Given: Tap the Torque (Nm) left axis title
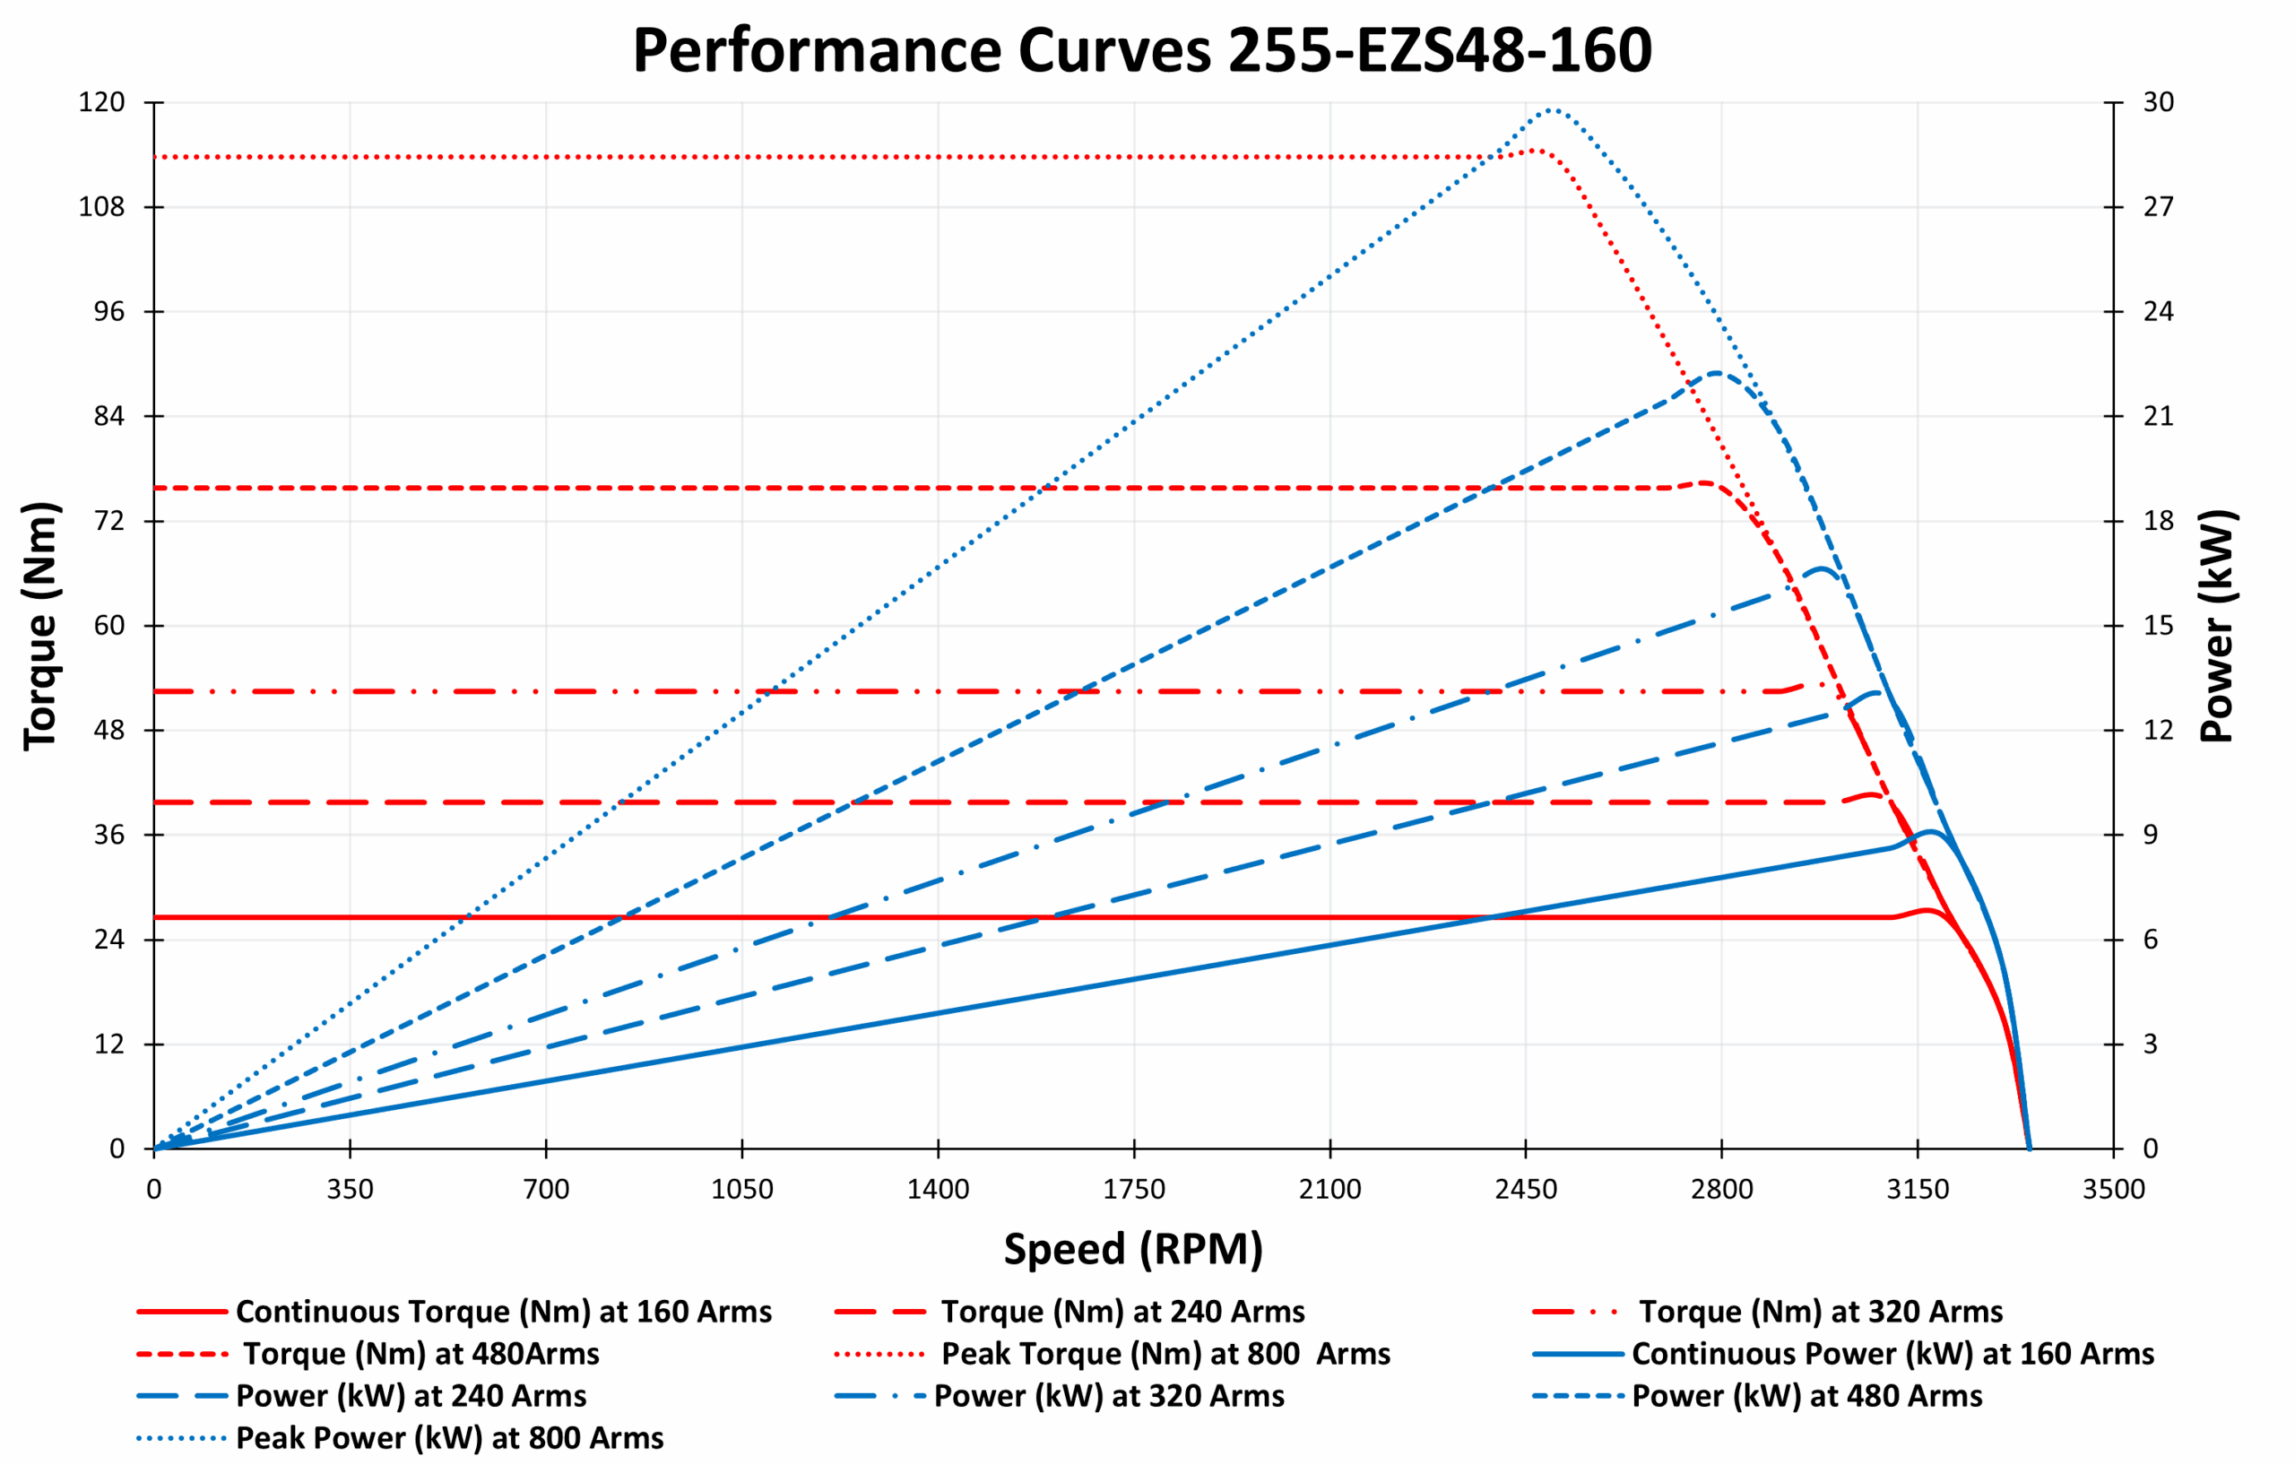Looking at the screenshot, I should (41, 625).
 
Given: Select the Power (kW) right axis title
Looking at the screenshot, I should (2217, 625).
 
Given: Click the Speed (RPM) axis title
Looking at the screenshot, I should (1133, 1248).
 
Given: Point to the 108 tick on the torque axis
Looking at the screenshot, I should (102, 207).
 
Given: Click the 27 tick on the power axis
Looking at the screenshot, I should (2159, 207).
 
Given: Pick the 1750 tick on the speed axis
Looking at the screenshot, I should (1134, 1190).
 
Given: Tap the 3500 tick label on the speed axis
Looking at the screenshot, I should (2114, 1190).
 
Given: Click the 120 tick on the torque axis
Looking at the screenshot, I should (102, 102).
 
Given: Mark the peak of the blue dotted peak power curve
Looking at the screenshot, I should (1553, 110).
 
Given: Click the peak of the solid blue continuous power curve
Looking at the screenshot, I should (1931, 832).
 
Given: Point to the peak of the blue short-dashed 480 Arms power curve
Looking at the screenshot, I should (1717, 373).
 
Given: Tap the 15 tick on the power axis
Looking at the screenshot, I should (2159, 625).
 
